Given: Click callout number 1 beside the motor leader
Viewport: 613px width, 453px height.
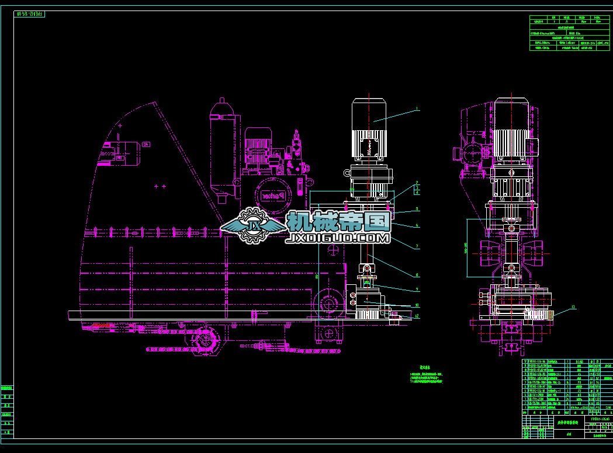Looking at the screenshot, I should tap(417, 109).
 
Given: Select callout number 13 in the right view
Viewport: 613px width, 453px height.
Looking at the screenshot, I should tap(573, 306).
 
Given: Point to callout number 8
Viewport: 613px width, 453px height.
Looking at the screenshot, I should tap(417, 274).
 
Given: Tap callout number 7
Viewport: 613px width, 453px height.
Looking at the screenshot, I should tap(417, 247).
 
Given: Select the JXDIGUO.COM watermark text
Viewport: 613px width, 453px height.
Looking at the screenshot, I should tap(338, 238).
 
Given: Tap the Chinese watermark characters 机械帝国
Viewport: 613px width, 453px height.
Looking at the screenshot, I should tap(338, 221).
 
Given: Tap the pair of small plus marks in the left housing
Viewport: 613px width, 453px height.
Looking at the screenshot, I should tap(160, 186).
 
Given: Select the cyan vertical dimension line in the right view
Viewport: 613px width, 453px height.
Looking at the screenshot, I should tap(467, 248).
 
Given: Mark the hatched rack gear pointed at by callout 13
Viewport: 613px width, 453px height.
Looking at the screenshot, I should tap(538, 315).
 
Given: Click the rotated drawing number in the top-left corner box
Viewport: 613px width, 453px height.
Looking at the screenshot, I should tap(31, 13).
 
